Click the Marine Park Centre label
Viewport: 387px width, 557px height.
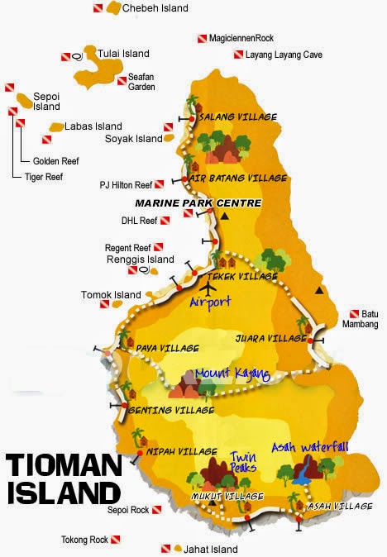[210, 202]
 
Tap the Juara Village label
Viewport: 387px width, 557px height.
[270, 338]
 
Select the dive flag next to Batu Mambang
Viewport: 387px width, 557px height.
[353, 314]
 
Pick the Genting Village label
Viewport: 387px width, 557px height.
[172, 410]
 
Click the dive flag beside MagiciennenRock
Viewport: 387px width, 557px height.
[202, 38]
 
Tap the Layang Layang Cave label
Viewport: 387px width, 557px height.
[284, 55]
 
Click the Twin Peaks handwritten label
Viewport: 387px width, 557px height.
[241, 461]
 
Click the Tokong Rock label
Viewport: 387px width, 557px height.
[84, 540]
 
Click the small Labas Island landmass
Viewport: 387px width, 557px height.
[56, 126]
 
